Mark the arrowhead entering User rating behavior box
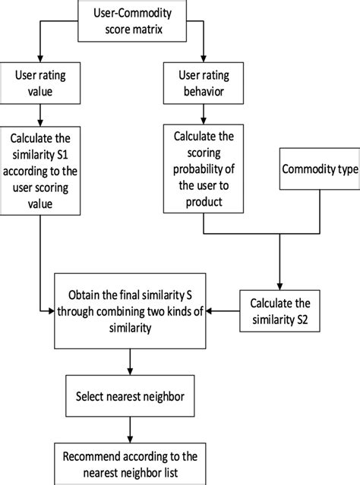point(203,60)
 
